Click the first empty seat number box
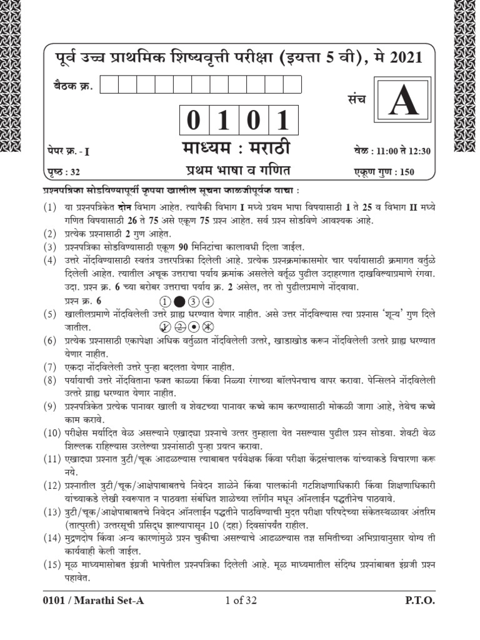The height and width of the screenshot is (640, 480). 107,84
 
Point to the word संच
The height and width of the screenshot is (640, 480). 357,99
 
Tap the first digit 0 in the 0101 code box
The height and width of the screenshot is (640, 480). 194,120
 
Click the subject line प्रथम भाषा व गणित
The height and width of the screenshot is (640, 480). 237,170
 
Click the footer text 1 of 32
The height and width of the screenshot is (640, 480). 240,601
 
